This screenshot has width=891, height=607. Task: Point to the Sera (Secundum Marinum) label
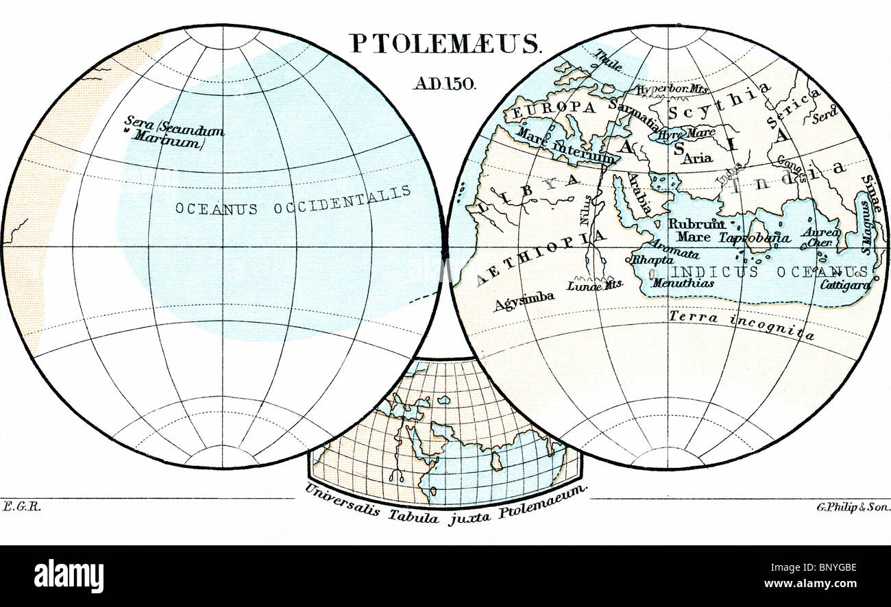point(174,133)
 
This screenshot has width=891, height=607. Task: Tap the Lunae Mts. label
point(594,287)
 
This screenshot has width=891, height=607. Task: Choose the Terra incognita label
point(742,325)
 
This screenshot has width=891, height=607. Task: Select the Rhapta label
point(647,260)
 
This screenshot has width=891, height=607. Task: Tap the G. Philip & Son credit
point(853,507)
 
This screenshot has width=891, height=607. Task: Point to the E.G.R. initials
point(14,506)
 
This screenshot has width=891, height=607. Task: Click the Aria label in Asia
point(697,158)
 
